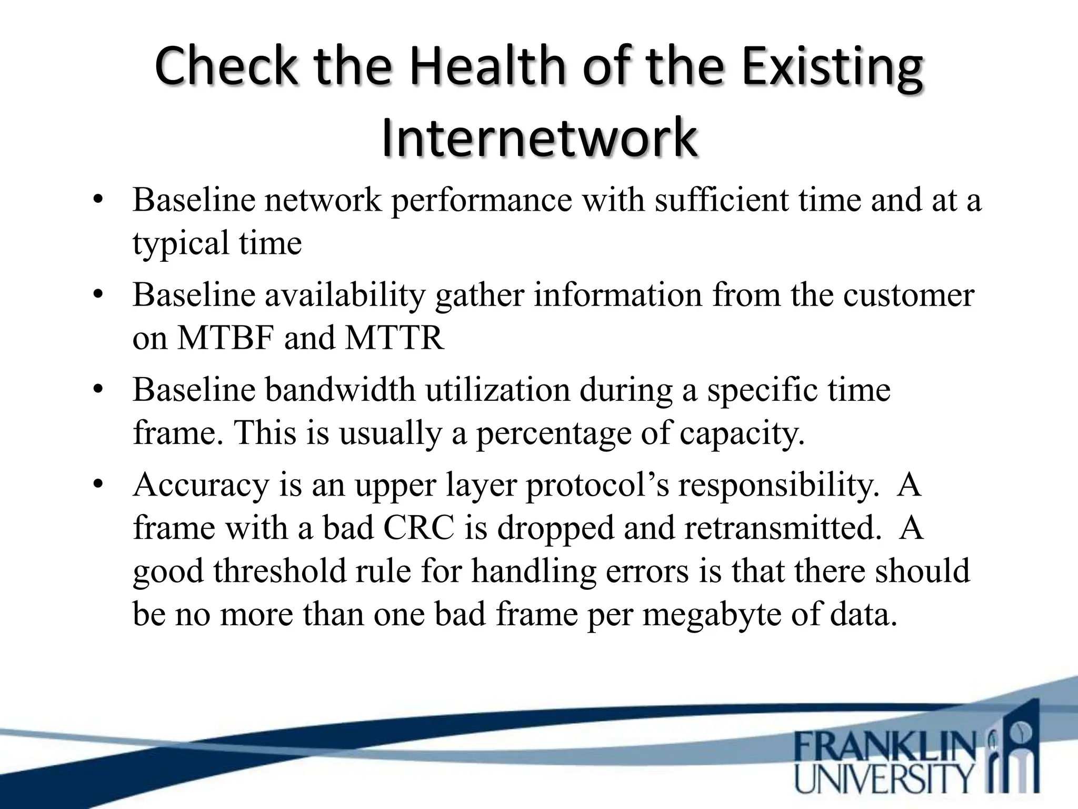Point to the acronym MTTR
coord(394,338)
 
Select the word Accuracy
coord(201,485)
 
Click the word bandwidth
coord(340,390)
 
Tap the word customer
coord(909,295)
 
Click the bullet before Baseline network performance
coord(98,201)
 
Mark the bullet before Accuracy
coord(98,485)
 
